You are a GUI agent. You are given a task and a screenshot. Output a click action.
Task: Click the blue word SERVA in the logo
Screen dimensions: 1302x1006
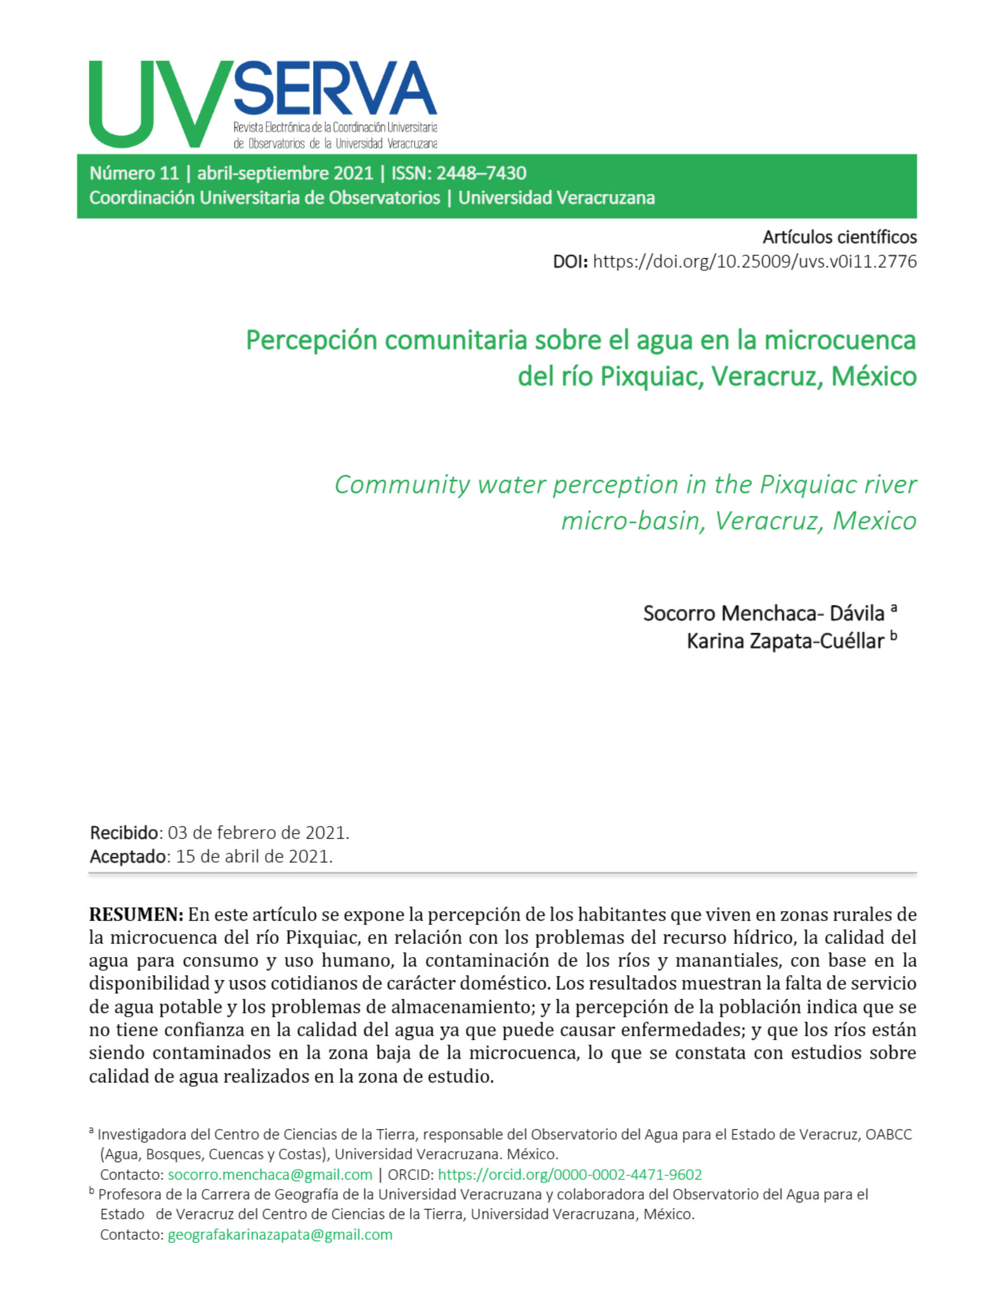point(335,88)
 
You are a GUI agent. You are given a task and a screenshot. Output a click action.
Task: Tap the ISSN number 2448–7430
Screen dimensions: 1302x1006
point(481,173)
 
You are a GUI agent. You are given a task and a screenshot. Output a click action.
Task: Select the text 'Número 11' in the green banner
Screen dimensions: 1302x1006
point(134,173)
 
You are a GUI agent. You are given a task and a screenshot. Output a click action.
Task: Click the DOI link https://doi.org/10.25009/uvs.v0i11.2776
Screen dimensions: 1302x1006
point(754,262)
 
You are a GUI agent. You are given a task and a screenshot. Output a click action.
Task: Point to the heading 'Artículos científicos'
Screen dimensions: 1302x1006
point(839,237)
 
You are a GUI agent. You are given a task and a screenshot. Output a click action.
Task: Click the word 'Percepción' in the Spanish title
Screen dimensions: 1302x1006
point(312,340)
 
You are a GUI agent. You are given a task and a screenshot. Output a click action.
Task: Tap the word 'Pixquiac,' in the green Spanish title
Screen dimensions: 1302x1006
point(652,376)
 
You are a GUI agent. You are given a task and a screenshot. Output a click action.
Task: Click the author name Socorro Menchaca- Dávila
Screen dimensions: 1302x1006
point(763,614)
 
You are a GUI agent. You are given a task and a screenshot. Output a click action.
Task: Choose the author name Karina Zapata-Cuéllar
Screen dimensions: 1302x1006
point(785,642)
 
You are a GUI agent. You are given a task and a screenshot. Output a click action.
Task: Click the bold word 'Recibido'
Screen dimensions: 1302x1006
point(124,832)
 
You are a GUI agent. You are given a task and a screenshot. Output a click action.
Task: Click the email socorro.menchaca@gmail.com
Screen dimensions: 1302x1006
point(270,1174)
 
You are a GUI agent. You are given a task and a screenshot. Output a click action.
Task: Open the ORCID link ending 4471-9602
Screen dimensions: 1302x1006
point(570,1174)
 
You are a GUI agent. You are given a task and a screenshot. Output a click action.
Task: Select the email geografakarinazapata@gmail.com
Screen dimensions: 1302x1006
point(280,1235)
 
